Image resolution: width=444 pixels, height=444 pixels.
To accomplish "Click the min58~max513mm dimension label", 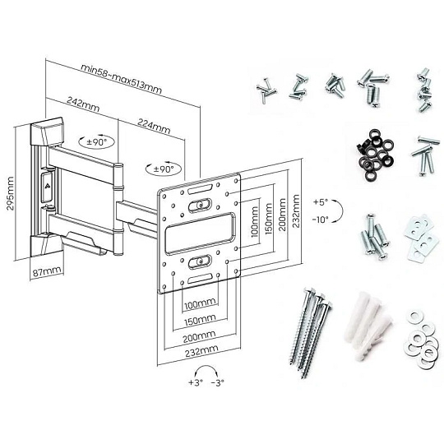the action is click(121, 79).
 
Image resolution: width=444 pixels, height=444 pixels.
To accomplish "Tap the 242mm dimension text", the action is click(83, 104).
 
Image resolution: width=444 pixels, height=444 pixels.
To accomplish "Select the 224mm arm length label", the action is click(154, 126).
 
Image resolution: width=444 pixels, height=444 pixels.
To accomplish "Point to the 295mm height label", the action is click(11, 193).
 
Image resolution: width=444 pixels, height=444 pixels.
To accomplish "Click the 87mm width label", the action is click(47, 272).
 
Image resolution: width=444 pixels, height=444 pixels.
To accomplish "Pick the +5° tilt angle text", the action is click(321, 202).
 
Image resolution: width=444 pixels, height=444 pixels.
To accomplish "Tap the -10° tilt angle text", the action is click(321, 220).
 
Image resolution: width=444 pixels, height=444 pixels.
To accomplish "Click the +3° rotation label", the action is click(196, 382).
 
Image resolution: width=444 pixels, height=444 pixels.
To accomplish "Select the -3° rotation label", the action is click(217, 382).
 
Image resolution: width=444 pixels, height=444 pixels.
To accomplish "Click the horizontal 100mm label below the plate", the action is click(200, 304).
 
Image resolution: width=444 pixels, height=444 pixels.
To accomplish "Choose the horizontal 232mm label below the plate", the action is click(201, 351).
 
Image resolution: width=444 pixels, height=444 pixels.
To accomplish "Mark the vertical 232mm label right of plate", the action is click(296, 211).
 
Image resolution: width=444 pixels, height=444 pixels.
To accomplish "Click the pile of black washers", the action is click(372, 155).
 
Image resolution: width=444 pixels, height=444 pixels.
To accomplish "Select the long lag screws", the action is click(309, 333).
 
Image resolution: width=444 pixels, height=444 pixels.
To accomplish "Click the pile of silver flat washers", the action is click(419, 340).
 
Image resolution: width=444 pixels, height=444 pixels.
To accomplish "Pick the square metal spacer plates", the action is click(418, 238).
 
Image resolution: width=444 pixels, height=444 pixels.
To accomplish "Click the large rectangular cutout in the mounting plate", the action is click(200, 233).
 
